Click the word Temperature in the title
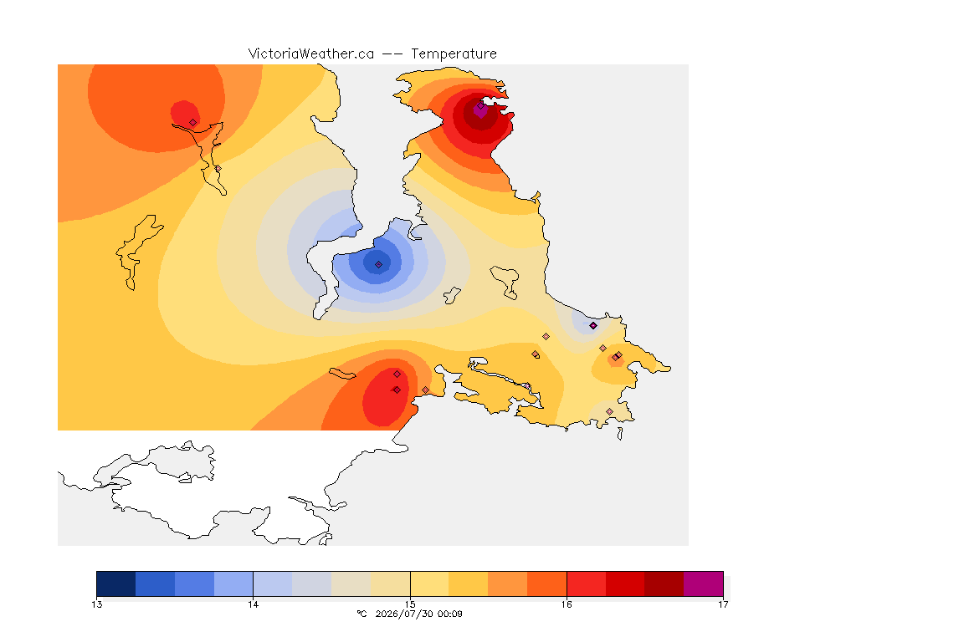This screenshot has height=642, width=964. pyautogui.click(x=454, y=54)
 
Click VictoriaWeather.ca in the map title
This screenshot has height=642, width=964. pyautogui.click(x=311, y=54)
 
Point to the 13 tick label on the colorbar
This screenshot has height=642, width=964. pyautogui.click(x=96, y=604)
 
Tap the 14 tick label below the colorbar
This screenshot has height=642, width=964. pyautogui.click(x=254, y=604)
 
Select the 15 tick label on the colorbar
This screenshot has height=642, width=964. pyautogui.click(x=410, y=604)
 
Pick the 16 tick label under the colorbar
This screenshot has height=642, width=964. pyautogui.click(x=567, y=604)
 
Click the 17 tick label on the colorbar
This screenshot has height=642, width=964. pyautogui.click(x=723, y=604)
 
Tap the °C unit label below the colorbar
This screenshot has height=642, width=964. pyautogui.click(x=361, y=614)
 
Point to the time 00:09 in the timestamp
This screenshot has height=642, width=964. pyautogui.click(x=449, y=614)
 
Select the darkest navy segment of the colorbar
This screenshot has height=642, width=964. pyautogui.click(x=116, y=583)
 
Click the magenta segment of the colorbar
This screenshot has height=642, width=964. pyautogui.click(x=703, y=583)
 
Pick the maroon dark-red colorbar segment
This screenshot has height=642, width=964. pyautogui.click(x=664, y=583)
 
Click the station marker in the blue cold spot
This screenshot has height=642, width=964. pyautogui.click(x=379, y=265)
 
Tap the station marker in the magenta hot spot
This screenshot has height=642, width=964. pyautogui.click(x=480, y=105)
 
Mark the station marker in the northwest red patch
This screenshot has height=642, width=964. pyautogui.click(x=193, y=123)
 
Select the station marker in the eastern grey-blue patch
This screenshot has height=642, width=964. pyautogui.click(x=593, y=326)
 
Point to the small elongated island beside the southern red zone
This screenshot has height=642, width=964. pyautogui.click(x=342, y=374)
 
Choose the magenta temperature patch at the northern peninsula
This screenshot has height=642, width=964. pyautogui.click(x=480, y=110)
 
